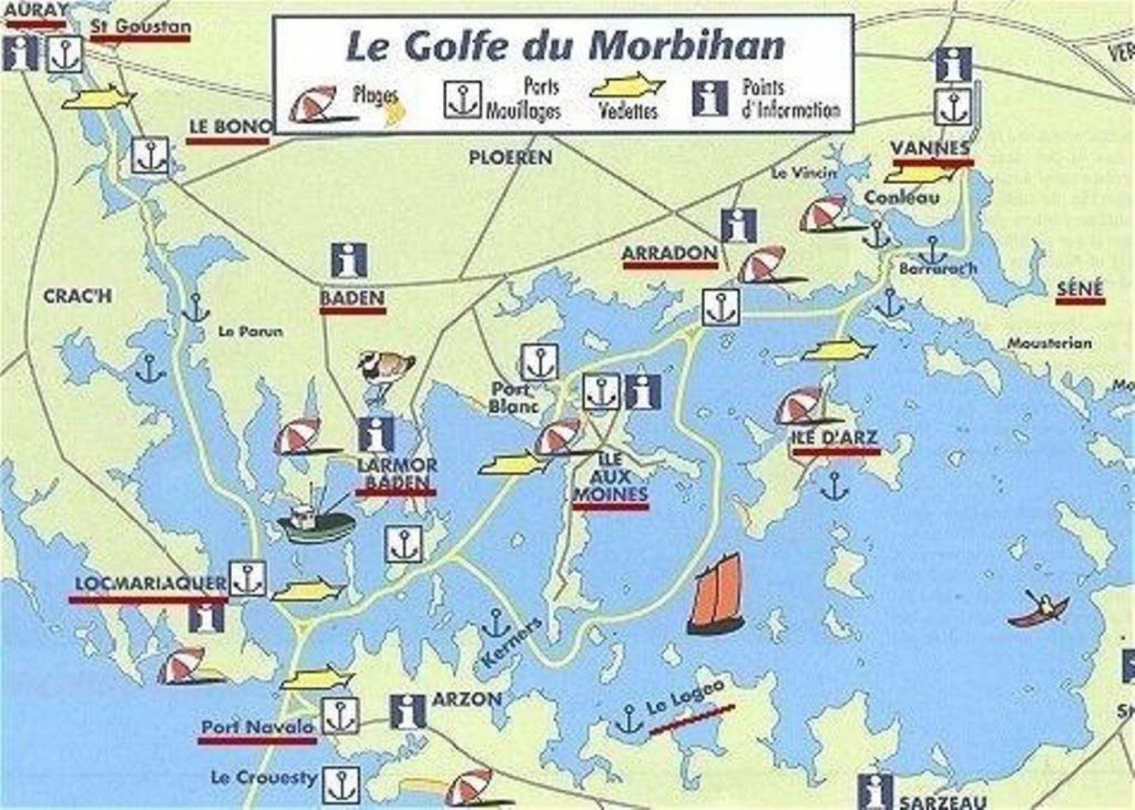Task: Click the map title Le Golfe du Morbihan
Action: [565, 46]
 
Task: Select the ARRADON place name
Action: [670, 253]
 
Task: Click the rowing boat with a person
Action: [1039, 610]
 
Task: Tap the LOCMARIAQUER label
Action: [150, 584]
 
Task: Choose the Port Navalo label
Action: [257, 727]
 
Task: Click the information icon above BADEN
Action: [349, 260]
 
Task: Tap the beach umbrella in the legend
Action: [316, 103]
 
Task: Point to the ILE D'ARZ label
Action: [835, 438]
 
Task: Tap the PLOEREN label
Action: [510, 157]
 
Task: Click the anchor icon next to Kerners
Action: [495, 623]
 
